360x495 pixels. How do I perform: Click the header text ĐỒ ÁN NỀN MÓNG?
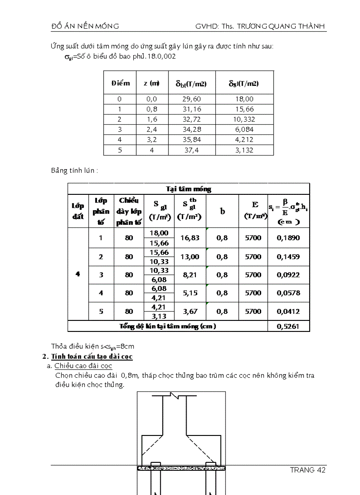[85, 26]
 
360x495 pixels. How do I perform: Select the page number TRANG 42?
[307, 470]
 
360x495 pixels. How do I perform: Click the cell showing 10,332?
[244, 119]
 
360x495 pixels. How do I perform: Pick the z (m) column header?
[151, 83]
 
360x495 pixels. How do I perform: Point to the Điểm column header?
[120, 83]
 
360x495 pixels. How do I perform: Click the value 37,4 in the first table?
[191, 150]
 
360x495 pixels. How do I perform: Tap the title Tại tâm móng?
[188, 189]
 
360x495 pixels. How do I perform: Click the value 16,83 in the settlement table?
[190, 238]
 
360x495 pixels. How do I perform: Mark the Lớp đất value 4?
[78, 274]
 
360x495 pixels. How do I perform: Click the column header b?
[222, 211]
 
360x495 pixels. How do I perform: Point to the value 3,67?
[190, 311]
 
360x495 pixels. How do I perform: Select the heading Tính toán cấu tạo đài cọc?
[92, 356]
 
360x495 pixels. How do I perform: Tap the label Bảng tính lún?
[74, 171]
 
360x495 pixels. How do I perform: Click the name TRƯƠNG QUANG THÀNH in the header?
[281, 26]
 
